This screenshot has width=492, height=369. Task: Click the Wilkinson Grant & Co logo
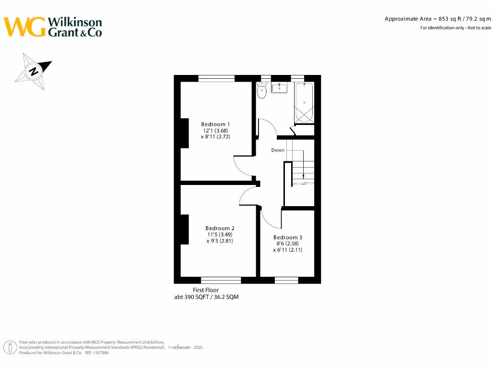pyautogui.click(x=53, y=27)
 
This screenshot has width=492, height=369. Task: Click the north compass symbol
pyautogui.click(x=33, y=72)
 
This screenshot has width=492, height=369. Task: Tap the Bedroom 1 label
pyautogui.click(x=215, y=124)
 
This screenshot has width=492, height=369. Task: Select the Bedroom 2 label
pyautogui.click(x=220, y=228)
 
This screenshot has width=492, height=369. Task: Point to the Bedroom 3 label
pyautogui.click(x=288, y=237)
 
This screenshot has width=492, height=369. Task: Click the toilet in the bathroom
pyautogui.click(x=262, y=91)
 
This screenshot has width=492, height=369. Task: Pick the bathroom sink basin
pyautogui.click(x=279, y=88)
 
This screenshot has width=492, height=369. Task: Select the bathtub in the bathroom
pyautogui.click(x=304, y=103)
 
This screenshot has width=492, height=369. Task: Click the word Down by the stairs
pyautogui.click(x=278, y=150)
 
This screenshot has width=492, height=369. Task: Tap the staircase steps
pyautogui.click(x=303, y=166)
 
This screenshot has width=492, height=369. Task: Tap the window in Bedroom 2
pyautogui.click(x=221, y=280)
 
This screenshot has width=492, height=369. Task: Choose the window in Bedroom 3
pyautogui.click(x=286, y=280)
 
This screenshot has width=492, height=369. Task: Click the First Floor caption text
pyautogui.click(x=206, y=290)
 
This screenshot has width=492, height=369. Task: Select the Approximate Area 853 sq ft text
pyautogui.click(x=438, y=19)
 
